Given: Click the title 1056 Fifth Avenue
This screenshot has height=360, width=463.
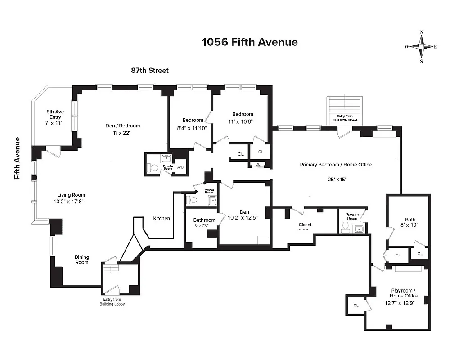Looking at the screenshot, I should point(250,42).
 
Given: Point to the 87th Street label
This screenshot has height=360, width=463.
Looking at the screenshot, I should point(150,71).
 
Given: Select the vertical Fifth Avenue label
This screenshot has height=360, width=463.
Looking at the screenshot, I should point(18,158).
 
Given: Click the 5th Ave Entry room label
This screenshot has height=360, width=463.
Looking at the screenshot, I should point(54,117).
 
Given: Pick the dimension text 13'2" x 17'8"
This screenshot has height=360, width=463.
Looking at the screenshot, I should point(68,202).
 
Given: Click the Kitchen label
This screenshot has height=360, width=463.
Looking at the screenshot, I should point(162,219).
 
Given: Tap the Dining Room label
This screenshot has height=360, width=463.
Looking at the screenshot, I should point(82,260).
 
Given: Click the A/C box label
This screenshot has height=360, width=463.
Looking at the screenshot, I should point(180,167).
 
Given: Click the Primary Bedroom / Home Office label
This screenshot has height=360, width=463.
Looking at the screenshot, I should point(336,165).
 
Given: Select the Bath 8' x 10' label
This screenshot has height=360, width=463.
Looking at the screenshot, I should point(407,223).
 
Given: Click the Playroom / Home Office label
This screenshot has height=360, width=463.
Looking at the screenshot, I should point(404,296).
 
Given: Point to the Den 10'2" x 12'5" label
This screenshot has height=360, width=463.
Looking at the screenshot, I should point(244,215).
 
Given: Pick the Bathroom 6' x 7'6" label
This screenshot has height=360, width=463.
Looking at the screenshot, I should point(204,222).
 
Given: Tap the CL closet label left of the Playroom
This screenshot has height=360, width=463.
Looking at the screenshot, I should point(356,305).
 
